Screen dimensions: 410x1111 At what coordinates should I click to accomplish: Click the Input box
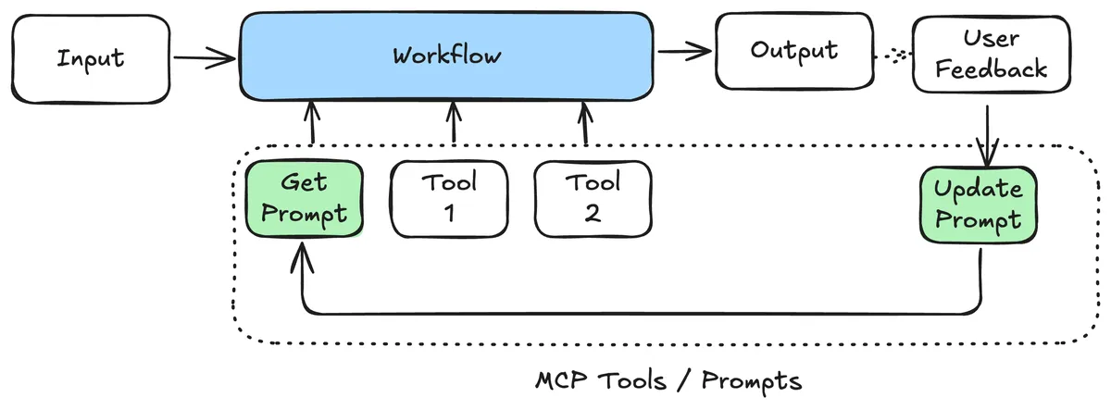tap(91, 59)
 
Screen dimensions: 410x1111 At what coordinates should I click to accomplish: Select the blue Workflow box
tap(446, 56)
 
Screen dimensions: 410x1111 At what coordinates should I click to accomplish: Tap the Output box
tap(793, 51)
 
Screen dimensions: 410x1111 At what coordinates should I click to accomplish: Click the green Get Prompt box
tap(303, 200)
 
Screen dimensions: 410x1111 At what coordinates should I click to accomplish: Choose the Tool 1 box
tap(449, 198)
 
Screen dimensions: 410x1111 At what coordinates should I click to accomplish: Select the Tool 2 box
tap(593, 198)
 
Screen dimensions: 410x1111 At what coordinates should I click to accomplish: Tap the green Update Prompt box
tap(978, 206)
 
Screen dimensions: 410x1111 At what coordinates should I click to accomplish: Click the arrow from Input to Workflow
tap(204, 60)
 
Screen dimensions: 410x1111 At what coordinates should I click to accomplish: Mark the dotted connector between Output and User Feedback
tap(893, 56)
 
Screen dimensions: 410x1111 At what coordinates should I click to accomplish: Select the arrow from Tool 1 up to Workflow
tap(454, 123)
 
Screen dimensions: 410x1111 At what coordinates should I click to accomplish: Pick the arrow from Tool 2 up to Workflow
tap(585, 123)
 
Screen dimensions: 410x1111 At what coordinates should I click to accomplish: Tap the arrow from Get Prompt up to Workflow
tap(312, 123)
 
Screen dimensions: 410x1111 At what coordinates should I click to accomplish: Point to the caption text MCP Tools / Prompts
tap(668, 380)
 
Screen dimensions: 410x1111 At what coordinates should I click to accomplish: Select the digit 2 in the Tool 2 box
tap(593, 213)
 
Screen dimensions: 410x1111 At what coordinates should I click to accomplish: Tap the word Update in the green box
tap(978, 190)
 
